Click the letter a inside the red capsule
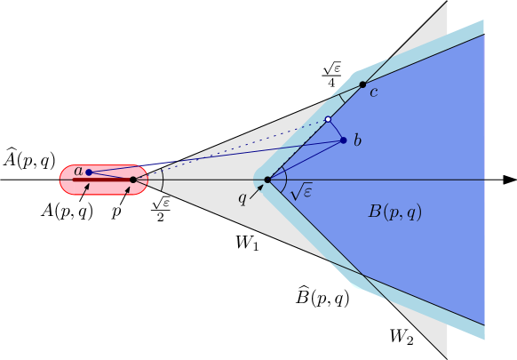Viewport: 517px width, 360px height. pos(78,171)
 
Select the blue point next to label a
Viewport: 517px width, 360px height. pos(89,172)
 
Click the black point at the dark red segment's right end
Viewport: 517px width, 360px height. pos(133,180)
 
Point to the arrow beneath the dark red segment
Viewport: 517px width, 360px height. pos(85,189)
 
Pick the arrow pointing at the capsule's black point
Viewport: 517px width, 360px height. pos(127,190)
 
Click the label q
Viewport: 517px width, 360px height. pos(242,197)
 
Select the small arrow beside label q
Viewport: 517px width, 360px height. pos(256,190)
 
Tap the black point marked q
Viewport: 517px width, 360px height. pos(267,180)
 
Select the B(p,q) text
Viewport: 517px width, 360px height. pos(394,212)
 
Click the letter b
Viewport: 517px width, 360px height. pos(357,140)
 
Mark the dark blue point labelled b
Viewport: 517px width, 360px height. pos(344,140)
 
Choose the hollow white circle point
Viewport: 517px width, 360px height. pos(328,119)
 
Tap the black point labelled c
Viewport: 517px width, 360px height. pos(362,84)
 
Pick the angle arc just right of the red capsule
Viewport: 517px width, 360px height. pos(162,180)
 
